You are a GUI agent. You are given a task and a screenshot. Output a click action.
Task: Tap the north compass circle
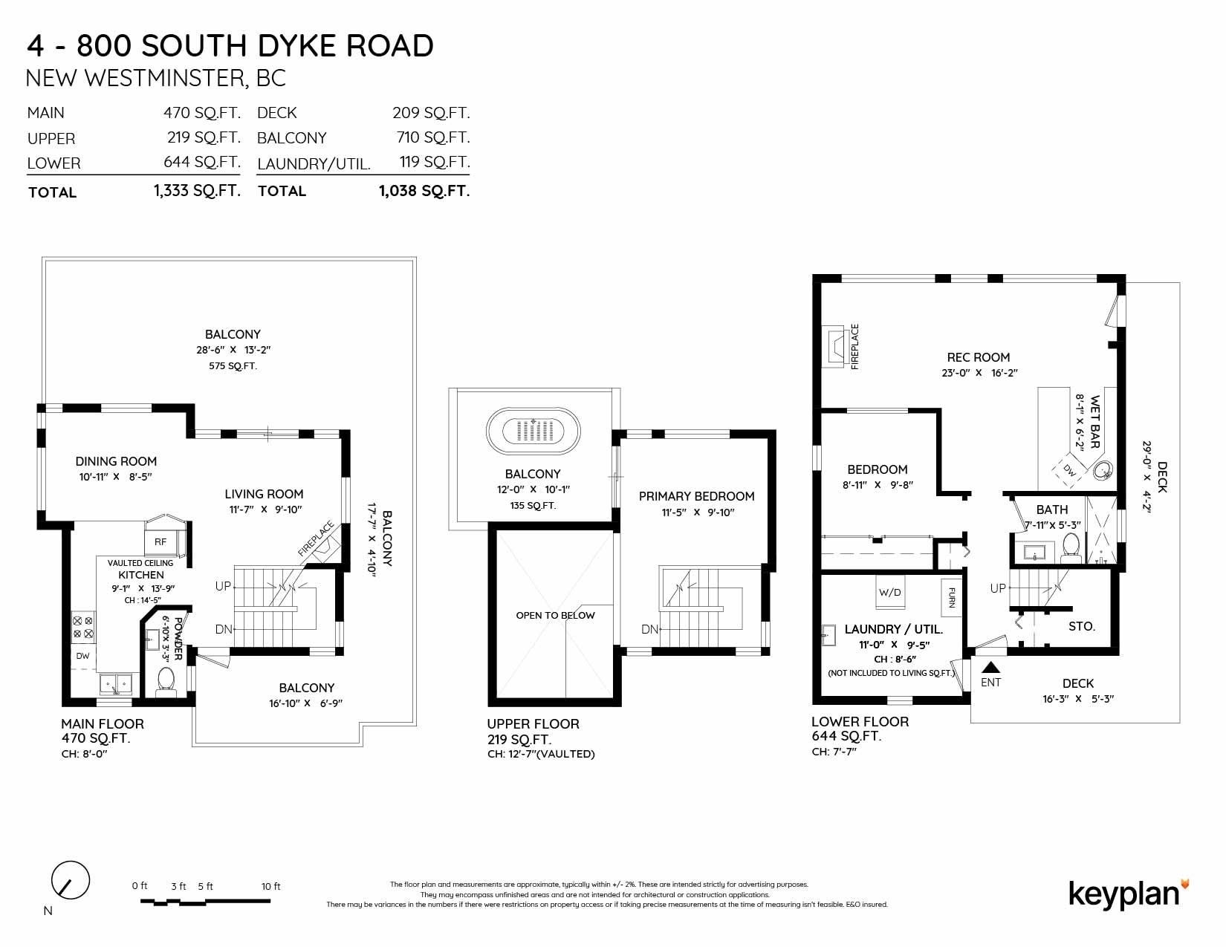pyautogui.click(x=71, y=880)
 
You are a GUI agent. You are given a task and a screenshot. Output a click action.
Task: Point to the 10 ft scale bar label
pyautogui.click(x=270, y=886)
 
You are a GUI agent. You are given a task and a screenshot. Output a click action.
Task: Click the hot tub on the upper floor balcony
pyautogui.click(x=533, y=431)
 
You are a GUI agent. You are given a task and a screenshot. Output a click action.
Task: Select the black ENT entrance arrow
pyautogui.click(x=990, y=667)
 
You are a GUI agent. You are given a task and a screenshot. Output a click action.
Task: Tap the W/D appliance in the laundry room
pyautogui.click(x=889, y=592)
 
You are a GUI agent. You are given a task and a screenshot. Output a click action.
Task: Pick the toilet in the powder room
pyautogui.click(x=166, y=679)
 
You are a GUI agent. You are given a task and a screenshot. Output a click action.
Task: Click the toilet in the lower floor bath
pyautogui.click(x=1070, y=547)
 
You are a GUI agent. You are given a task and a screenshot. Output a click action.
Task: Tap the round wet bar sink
pyautogui.click(x=1103, y=469)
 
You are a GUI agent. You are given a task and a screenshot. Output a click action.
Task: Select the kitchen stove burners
pyautogui.click(x=83, y=627)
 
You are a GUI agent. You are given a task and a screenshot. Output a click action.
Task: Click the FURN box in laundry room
pyautogui.click(x=952, y=597)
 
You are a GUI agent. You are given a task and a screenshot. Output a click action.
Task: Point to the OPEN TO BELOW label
pyautogui.click(x=555, y=615)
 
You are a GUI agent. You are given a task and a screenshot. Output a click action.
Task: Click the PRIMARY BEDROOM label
pyautogui.click(x=696, y=496)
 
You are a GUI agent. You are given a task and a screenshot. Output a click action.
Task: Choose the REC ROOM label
pyautogui.click(x=979, y=357)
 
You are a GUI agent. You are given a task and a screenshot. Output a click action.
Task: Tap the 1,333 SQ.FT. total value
pyautogui.click(x=197, y=191)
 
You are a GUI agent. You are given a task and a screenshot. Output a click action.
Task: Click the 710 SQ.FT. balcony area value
pyautogui.click(x=433, y=137)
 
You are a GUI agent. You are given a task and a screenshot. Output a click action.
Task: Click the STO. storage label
pyautogui.click(x=1082, y=626)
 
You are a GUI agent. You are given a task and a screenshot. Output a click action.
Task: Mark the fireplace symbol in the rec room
pyautogui.click(x=836, y=346)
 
